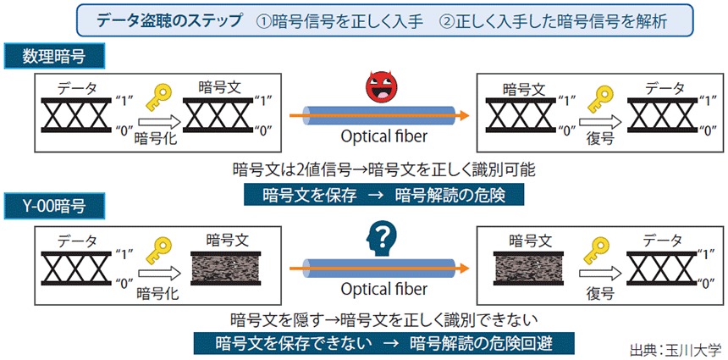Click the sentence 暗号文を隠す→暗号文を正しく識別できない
click(383, 319)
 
